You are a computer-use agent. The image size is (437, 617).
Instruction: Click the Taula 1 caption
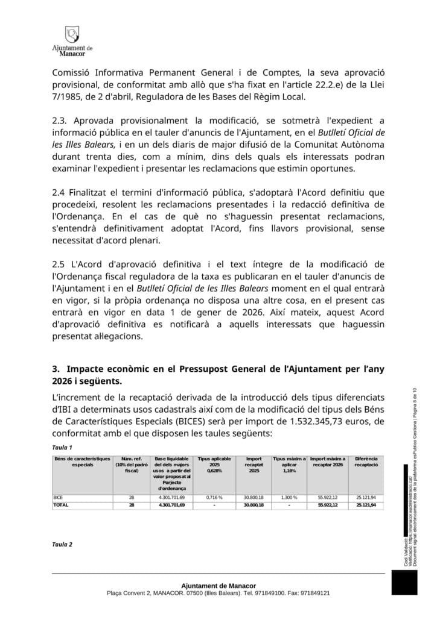coord(62,447)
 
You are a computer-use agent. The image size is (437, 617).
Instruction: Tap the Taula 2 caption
coord(62,544)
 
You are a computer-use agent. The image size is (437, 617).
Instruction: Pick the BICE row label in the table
coord(59,497)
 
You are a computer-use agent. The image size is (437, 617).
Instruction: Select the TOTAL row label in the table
coord(61,504)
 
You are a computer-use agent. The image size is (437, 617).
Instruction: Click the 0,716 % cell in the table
coord(214,497)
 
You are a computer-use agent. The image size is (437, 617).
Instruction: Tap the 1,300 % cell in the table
coord(289,497)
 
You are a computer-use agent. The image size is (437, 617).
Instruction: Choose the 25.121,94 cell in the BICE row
coord(366,497)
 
